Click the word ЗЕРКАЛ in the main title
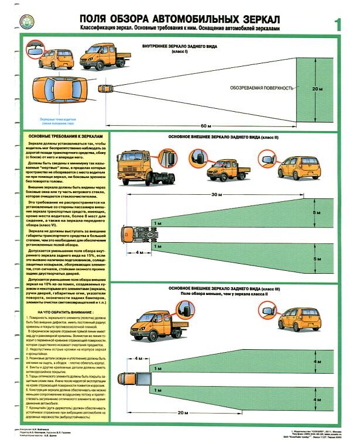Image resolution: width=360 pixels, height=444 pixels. click(249, 18)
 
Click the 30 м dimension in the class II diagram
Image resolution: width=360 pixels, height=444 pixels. click(217, 194)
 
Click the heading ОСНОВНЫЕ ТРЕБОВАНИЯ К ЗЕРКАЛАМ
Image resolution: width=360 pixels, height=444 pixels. click(61, 135)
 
